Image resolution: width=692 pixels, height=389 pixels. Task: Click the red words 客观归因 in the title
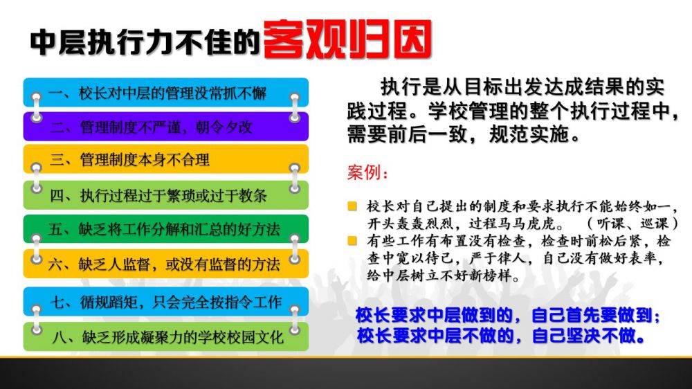pos(347,39)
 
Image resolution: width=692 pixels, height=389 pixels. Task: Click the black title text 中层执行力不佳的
pos(145,43)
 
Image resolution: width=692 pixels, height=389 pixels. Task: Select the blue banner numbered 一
pos(166,92)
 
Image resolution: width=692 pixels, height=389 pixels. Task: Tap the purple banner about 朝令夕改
pos(166,127)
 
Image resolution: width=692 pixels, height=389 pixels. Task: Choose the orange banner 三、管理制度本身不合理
pos(166,159)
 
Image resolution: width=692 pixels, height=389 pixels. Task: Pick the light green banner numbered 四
pos(166,194)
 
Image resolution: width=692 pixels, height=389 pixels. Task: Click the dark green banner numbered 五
pos(166,228)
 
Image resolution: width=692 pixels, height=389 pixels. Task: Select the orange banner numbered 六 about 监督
pos(166,264)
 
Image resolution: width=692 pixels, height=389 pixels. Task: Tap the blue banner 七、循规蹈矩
pos(166,302)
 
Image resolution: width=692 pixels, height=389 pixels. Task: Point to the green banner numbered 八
pos(166,337)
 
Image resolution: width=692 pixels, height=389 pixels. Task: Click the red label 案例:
pos(367,172)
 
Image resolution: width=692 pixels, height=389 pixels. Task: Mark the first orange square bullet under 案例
pos(352,206)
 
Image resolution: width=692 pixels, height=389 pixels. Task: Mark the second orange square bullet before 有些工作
pos(352,241)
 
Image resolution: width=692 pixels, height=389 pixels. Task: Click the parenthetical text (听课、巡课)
pos(632,224)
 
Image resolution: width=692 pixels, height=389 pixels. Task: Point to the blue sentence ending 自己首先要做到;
pos(508,315)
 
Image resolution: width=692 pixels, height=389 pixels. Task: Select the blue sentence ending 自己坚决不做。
pos(501,336)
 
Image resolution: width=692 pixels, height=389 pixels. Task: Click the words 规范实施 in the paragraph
pos(528,134)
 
